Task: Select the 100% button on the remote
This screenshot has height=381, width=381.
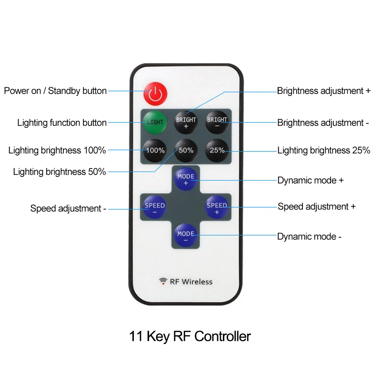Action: tap(155, 150)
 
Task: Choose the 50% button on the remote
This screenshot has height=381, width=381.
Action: tap(186, 150)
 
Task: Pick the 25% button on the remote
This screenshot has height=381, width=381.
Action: tap(217, 150)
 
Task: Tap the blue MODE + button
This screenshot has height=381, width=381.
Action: tap(186, 179)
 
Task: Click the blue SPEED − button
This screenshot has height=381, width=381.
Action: tap(155, 208)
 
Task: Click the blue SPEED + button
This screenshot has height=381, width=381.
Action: tap(217, 208)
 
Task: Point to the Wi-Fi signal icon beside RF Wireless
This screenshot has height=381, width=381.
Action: tap(163, 281)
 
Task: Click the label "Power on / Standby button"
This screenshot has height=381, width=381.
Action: tap(55, 90)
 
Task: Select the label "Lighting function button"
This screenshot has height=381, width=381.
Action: tap(62, 123)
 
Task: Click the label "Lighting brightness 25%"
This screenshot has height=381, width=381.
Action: tap(323, 150)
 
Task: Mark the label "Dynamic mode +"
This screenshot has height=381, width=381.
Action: tap(311, 180)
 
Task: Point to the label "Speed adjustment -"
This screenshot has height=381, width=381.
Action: tap(69, 208)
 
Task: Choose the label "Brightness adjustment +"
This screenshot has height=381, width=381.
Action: tap(324, 90)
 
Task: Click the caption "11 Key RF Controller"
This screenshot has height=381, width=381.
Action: tap(190, 336)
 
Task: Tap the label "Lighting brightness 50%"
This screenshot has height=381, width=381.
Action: tap(60, 171)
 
